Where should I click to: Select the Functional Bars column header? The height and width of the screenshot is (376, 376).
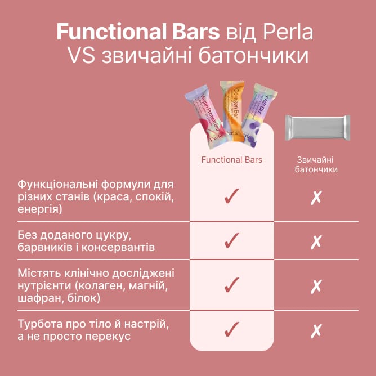[232, 160]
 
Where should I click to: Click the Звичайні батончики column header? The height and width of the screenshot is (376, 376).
[316, 164]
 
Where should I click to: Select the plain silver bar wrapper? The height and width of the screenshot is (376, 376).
[317, 127]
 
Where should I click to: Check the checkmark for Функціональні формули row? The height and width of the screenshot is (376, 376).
[232, 196]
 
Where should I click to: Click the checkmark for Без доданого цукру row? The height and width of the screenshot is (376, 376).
[232, 240]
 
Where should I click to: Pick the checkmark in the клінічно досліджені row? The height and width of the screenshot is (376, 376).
[232, 285]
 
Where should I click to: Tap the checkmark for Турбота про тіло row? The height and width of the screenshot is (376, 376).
[232, 329]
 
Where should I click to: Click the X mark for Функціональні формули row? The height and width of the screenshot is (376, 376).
[316, 198]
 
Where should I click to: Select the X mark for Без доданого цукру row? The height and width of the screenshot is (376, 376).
[316, 242]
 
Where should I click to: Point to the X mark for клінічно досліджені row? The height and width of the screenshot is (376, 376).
[316, 287]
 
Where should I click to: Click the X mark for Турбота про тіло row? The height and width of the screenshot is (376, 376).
[316, 331]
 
